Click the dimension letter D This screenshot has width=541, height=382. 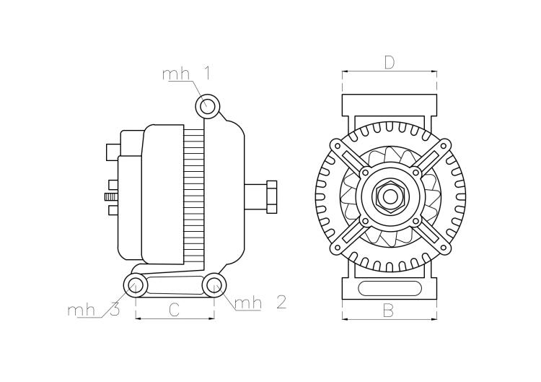[x=390, y=63]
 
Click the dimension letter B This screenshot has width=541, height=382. [x=389, y=311]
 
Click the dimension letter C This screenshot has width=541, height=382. [x=175, y=310]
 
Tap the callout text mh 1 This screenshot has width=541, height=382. [x=186, y=74]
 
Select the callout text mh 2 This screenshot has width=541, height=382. [x=260, y=303]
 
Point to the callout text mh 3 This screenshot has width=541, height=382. [x=94, y=310]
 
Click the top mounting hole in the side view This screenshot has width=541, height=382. [x=208, y=105]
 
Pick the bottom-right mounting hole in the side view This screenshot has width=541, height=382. [x=214, y=285]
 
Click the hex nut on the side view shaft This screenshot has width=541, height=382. [x=271, y=196]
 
